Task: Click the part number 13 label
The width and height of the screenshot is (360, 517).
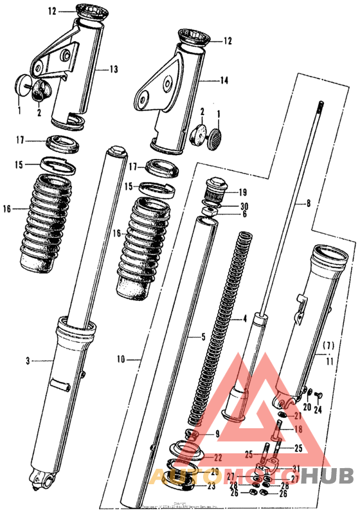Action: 114,69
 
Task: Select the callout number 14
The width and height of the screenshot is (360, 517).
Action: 224,81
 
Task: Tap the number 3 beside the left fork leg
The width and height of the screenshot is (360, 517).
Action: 28,361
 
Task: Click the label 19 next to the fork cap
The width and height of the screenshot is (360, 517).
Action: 242,192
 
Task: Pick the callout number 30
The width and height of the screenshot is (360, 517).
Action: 243,206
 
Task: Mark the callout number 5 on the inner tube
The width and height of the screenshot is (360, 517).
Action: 203,336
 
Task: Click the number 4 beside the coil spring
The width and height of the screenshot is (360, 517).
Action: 244,319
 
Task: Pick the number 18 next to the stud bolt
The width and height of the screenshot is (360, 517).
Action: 298,429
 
